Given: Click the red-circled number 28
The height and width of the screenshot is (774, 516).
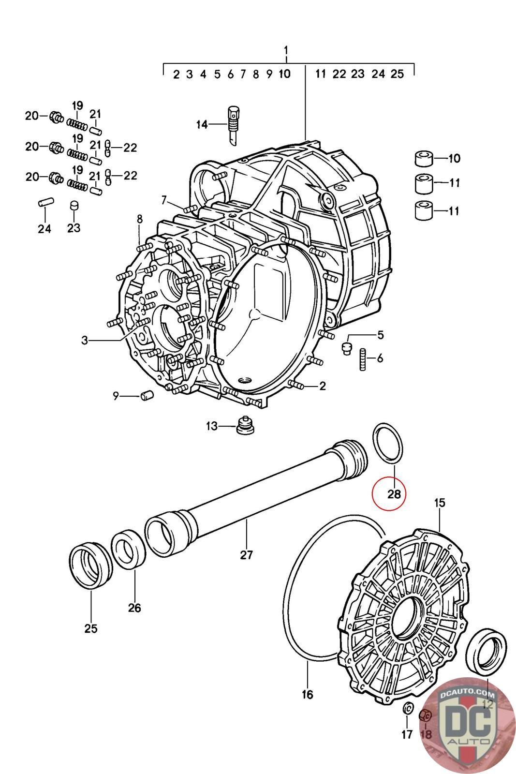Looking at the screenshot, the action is (x=394, y=494).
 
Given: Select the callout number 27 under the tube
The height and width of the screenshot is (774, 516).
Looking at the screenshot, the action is (x=246, y=554).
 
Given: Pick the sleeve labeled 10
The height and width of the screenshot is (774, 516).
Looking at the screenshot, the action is (x=424, y=159).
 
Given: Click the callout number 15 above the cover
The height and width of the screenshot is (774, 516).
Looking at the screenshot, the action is (x=440, y=503).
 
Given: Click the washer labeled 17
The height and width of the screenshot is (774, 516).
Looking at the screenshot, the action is (x=408, y=707).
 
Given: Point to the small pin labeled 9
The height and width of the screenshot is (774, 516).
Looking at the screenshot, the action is (x=147, y=395).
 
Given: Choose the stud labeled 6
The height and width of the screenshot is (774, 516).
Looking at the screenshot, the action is (x=363, y=359).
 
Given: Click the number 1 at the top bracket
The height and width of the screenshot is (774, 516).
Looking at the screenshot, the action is (x=286, y=50).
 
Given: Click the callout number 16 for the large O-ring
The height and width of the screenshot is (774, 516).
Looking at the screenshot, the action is (x=307, y=694).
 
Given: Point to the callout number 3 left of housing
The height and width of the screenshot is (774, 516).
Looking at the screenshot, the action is (x=85, y=341).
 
